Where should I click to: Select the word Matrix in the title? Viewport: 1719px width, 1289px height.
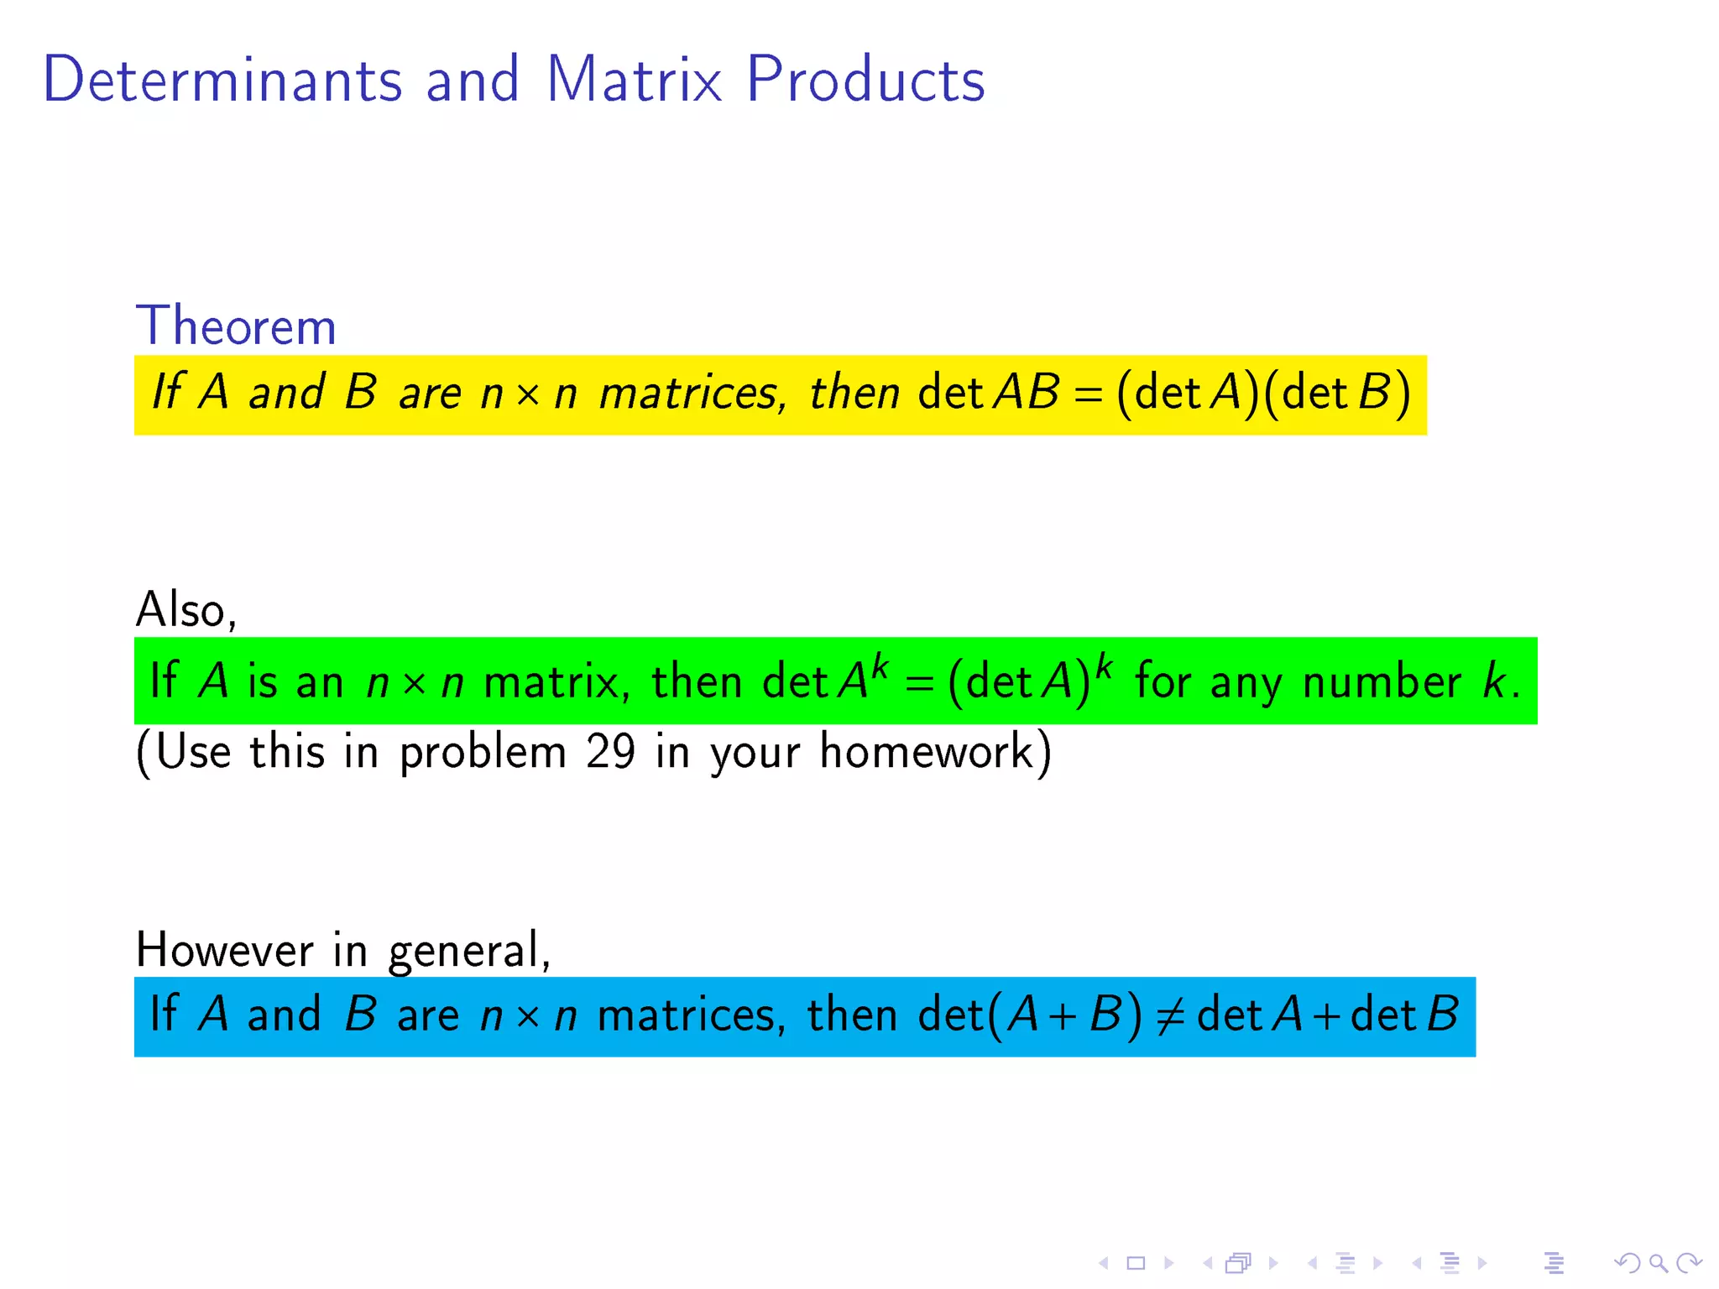(634, 80)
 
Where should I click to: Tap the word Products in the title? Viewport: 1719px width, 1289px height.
(865, 80)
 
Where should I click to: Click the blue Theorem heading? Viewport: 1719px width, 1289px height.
(236, 326)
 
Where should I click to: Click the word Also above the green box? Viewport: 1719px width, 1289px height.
(185, 609)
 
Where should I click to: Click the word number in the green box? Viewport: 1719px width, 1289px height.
(1381, 681)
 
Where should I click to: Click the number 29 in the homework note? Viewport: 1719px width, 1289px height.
(610, 751)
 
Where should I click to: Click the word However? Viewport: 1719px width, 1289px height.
(224, 950)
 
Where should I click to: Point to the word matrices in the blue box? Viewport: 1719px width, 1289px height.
(691, 1015)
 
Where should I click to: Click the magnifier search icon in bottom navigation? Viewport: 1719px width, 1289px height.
(1658, 1262)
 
